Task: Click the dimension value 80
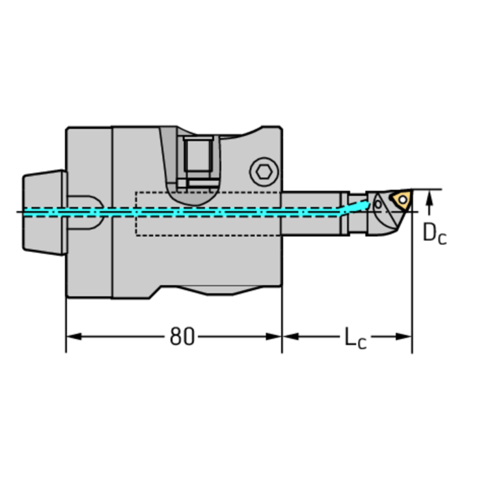tap(182, 337)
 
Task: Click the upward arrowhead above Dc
tap(429, 199)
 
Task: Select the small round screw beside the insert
tap(377, 204)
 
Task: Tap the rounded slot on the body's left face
tap(84, 212)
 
